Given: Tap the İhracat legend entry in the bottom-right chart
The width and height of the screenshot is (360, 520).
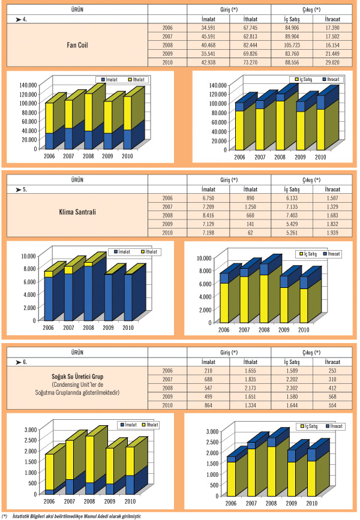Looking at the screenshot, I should (x=335, y=426).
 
